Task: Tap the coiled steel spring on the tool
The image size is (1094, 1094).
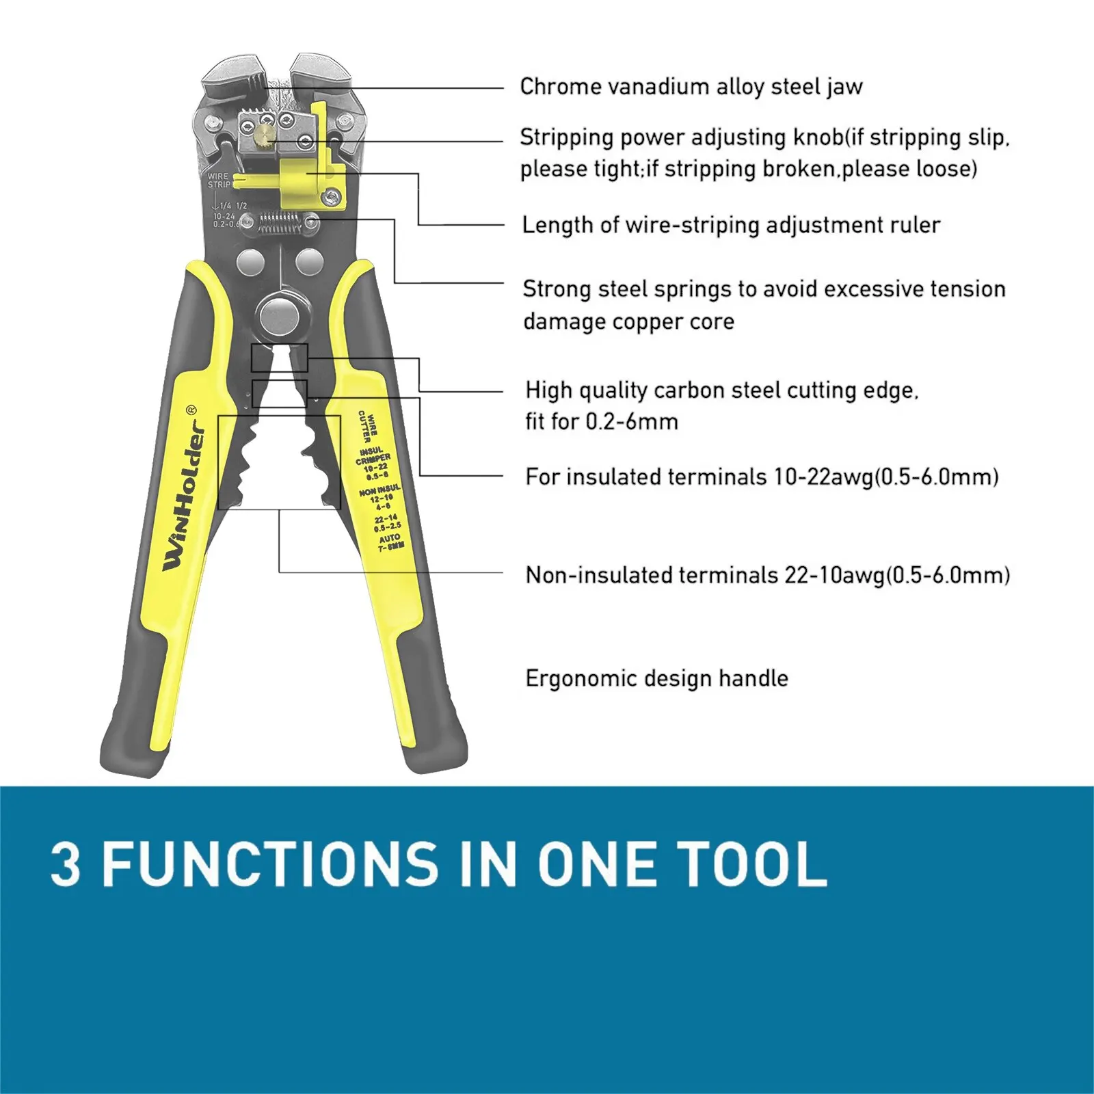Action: point(280,221)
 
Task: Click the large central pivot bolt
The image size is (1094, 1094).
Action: point(281,315)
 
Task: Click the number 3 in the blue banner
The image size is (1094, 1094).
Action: point(66,864)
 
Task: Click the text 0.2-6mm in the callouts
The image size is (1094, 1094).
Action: point(632,422)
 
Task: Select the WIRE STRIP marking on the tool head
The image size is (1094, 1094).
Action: point(219,181)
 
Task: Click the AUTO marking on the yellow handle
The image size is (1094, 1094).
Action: point(390,539)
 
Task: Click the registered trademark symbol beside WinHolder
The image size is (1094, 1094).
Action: point(191,410)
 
